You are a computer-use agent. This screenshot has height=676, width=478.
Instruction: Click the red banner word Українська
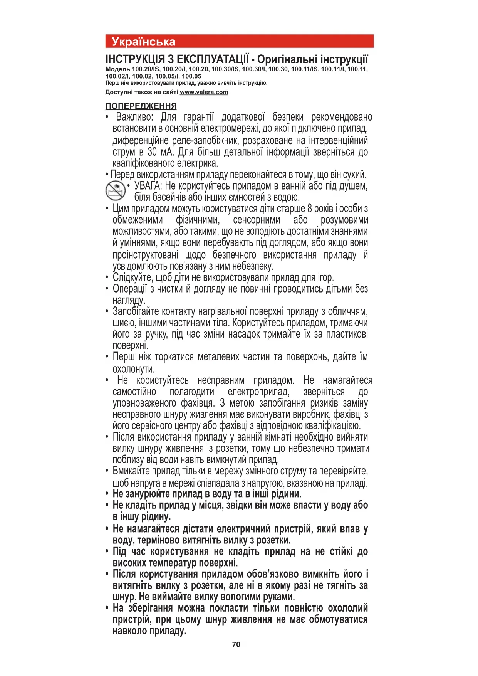point(143,42)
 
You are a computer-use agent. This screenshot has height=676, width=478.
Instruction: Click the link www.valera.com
point(204,92)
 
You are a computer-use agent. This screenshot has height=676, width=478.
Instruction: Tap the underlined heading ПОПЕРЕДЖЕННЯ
point(141,106)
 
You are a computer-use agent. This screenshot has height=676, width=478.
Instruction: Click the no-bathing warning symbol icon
point(116,191)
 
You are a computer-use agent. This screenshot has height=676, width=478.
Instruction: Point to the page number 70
point(236,644)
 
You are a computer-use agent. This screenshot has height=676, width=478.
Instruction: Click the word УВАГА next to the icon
point(148,186)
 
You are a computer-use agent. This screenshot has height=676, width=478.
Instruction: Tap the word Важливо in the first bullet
point(134,117)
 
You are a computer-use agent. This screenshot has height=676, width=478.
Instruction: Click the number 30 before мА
point(152,152)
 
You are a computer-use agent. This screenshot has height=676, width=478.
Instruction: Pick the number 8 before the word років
point(310,209)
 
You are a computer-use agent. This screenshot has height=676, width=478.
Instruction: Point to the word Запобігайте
point(136,311)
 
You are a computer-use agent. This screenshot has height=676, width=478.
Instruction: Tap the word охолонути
point(134,369)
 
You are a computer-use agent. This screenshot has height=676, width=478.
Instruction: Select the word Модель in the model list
point(118,69)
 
